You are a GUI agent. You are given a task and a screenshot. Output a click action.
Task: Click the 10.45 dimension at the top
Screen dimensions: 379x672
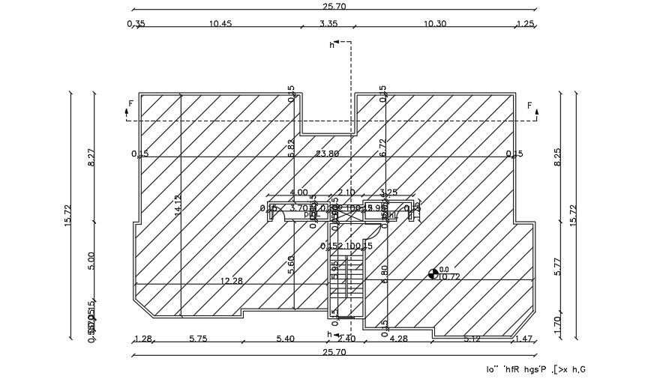(220, 23)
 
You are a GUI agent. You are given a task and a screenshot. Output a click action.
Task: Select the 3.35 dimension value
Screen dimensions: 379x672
(328, 23)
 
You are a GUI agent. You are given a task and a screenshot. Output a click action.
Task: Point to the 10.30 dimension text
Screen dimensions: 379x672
(435, 23)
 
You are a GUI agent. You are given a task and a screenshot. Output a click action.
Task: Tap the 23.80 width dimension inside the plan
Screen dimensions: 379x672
(328, 154)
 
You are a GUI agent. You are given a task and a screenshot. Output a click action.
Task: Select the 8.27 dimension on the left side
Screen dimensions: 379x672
(91, 157)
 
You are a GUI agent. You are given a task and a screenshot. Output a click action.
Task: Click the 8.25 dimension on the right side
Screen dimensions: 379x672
(556, 157)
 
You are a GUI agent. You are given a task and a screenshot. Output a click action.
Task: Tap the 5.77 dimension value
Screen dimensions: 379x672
(556, 267)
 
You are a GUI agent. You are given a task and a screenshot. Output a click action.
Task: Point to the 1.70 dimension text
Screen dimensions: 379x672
(556, 324)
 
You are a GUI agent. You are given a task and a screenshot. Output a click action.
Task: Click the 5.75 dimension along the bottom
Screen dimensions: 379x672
(198, 339)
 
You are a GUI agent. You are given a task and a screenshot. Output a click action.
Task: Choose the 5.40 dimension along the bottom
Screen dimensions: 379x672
(285, 339)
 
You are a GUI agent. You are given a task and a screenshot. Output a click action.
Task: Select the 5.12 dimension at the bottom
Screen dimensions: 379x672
(472, 339)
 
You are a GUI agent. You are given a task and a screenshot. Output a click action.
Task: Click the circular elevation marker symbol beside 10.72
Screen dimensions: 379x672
(433, 274)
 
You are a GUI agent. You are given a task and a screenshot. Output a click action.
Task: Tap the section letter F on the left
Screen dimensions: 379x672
(130, 104)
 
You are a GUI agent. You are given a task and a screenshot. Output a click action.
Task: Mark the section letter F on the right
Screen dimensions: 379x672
(529, 105)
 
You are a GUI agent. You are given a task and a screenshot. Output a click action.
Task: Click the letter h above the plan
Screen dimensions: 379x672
(332, 45)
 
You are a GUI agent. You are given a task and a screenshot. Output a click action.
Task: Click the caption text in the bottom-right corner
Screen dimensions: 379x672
(535, 369)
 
